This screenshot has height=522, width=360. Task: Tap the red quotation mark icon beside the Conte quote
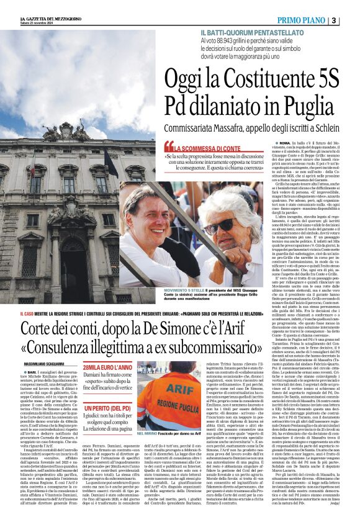[x=168, y=148]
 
